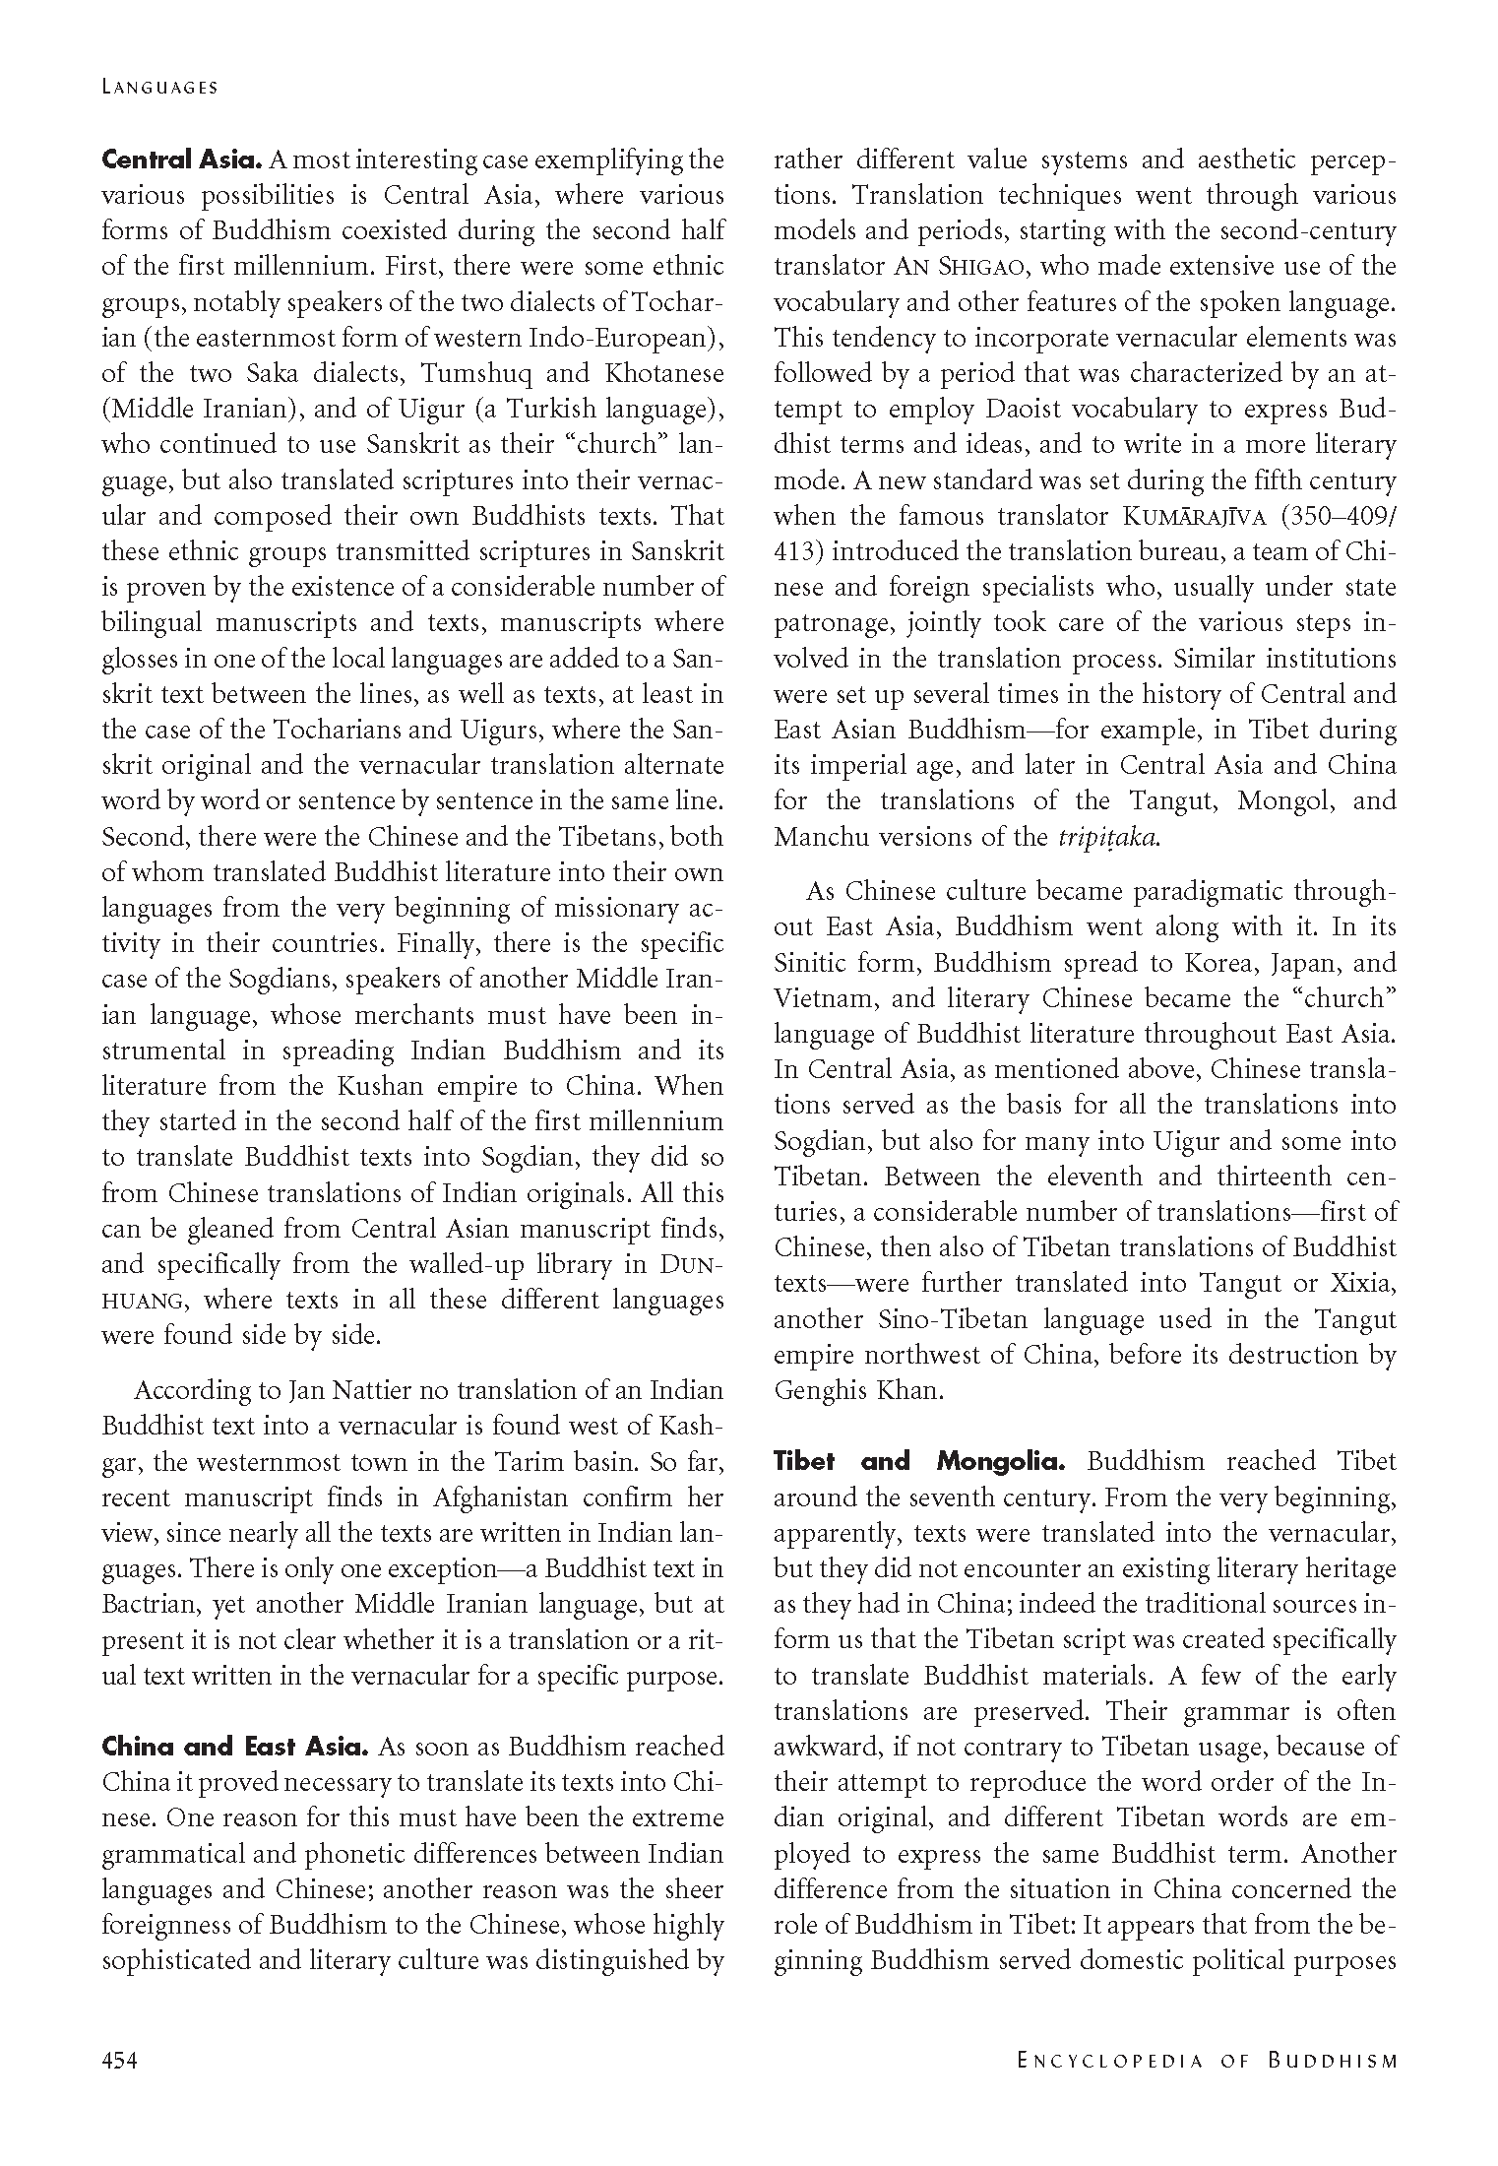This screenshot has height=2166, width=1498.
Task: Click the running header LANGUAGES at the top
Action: pyautogui.click(x=159, y=88)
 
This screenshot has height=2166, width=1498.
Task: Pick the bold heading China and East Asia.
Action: pyautogui.click(x=235, y=1747)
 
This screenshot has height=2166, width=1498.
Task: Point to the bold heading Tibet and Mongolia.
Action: pyautogui.click(x=919, y=1461)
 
